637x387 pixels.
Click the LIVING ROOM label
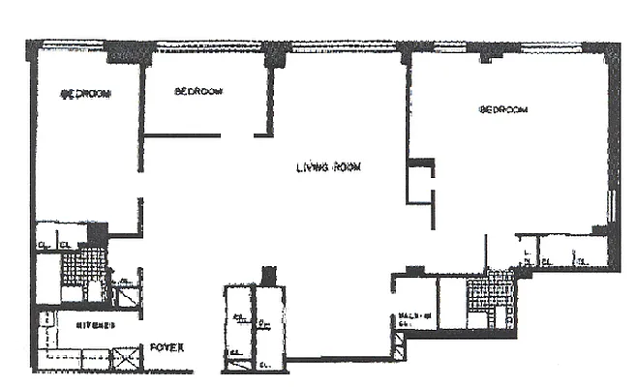[329, 166]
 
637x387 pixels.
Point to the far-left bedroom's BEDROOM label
[84, 94]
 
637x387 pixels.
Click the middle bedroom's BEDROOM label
[198, 92]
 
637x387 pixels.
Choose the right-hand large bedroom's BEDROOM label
[504, 110]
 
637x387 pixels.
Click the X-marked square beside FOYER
[127, 359]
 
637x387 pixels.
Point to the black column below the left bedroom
[98, 233]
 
